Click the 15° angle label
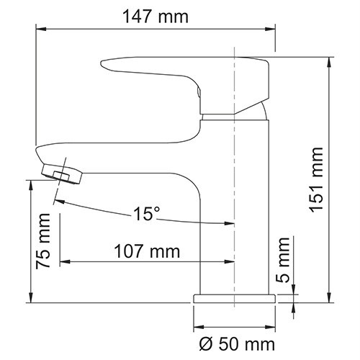146,214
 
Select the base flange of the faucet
234,297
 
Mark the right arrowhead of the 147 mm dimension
271,29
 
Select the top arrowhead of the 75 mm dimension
31,184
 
